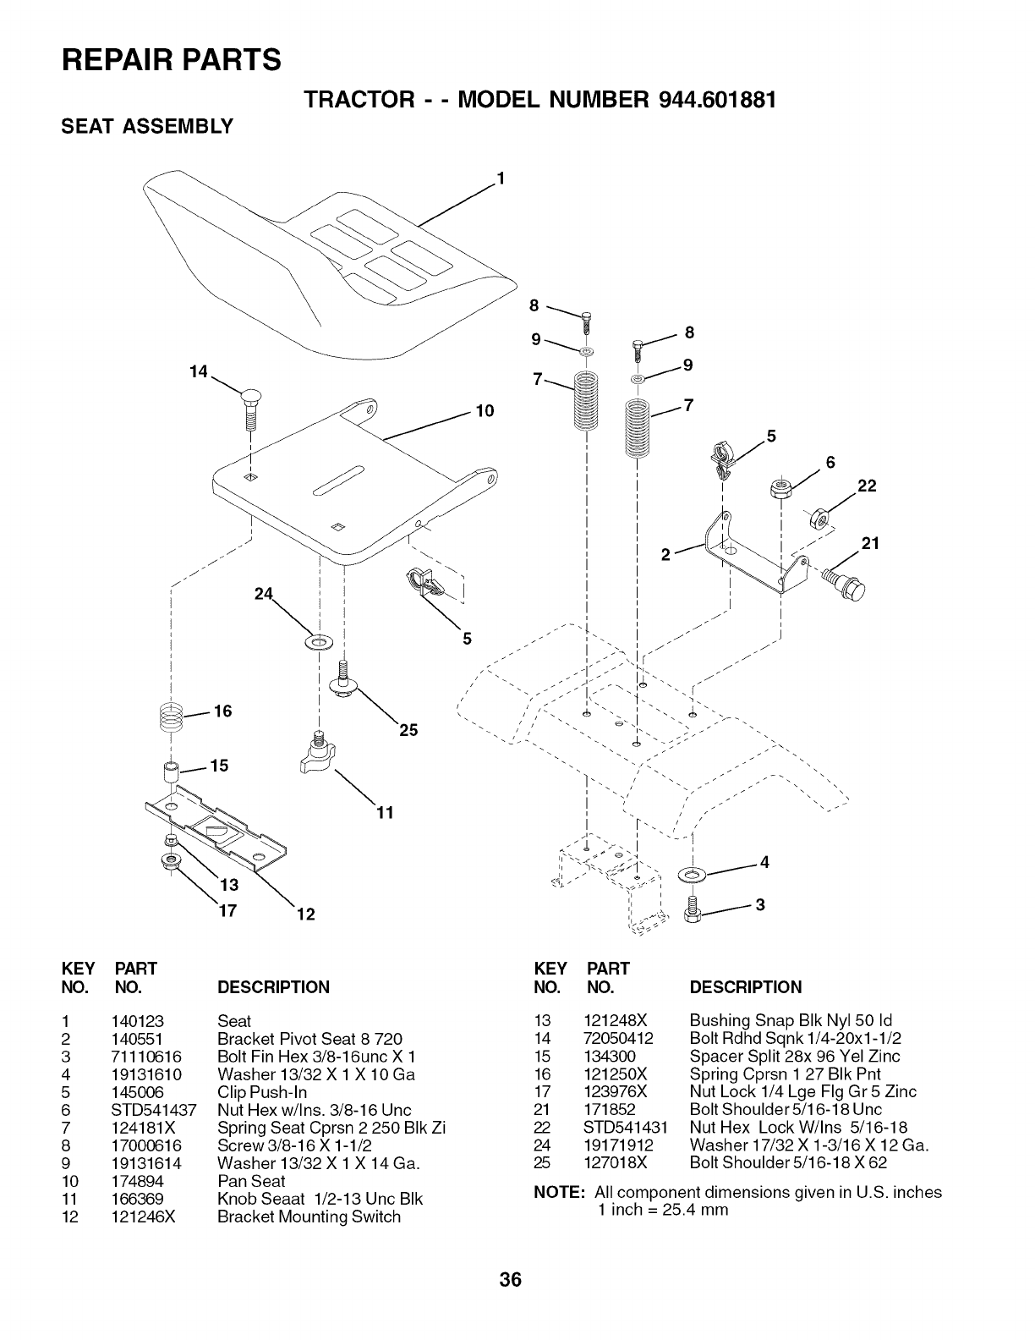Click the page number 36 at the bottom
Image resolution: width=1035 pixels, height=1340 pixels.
coord(511,1280)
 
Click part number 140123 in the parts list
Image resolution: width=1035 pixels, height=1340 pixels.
coord(135,1021)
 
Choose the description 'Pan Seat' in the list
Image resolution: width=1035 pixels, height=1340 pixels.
coord(251,1181)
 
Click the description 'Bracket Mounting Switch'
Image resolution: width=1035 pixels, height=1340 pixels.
coord(309,1216)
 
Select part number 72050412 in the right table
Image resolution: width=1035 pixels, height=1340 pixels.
coord(618,1038)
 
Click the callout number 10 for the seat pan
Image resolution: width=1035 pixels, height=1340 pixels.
coord(485,412)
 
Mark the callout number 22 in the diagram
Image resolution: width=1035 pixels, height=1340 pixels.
coord(867,486)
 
